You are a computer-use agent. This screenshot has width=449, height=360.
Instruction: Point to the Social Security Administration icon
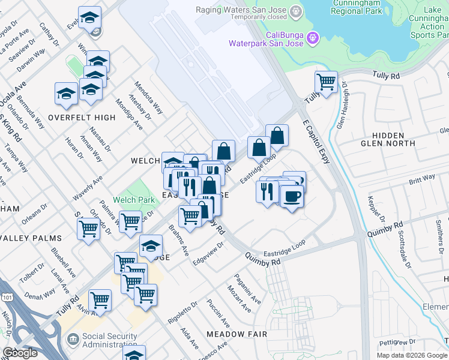73,340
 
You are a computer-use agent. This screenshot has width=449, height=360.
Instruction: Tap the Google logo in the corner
20,353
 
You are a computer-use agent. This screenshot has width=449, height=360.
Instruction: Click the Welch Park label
126,200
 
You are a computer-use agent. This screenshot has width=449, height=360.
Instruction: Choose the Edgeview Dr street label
208,254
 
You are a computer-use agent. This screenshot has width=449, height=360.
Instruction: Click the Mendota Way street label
148,97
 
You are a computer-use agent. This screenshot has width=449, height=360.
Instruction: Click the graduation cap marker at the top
90,18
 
